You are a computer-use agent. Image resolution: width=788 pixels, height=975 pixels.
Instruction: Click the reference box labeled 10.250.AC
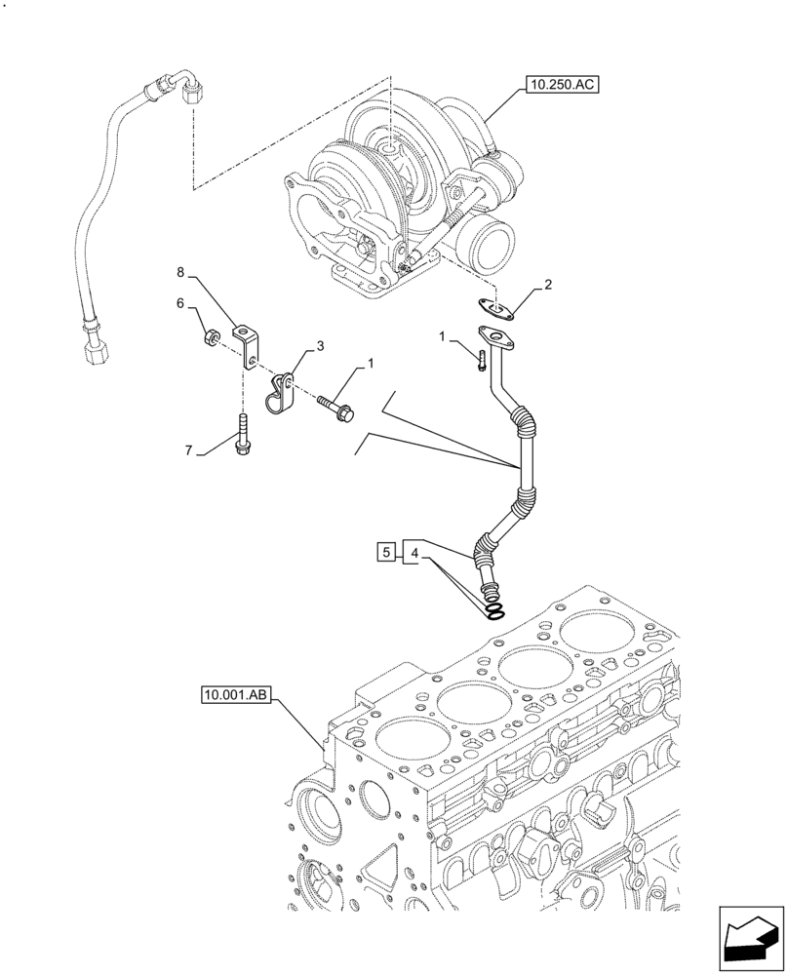tap(561, 86)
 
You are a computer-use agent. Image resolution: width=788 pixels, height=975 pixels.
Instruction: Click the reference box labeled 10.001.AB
tap(238, 695)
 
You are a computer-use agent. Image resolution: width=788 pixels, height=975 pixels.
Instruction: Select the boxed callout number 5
tap(386, 553)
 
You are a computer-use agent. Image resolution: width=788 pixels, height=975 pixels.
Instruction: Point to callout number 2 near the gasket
tap(548, 286)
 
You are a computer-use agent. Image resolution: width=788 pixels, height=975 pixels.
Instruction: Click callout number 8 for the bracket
tap(179, 272)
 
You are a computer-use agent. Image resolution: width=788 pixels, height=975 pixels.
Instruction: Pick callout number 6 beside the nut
tap(179, 304)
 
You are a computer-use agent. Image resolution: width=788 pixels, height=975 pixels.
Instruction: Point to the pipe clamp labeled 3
tap(282, 391)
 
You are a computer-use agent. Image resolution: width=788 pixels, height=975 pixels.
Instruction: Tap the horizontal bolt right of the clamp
tap(335, 405)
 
